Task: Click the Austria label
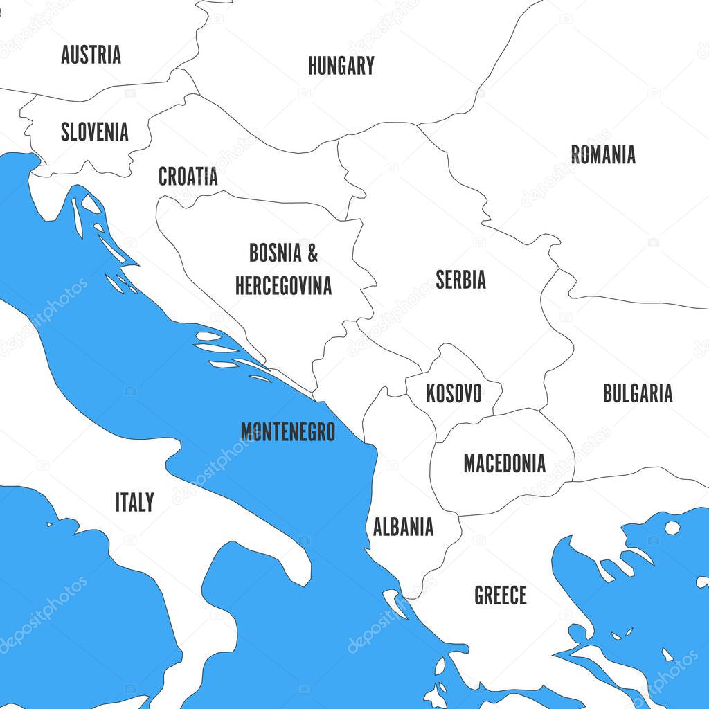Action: (x=91, y=55)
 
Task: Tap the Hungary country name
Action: (x=341, y=66)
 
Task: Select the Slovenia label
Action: (x=94, y=132)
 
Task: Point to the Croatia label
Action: (x=188, y=177)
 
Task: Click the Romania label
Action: (x=603, y=154)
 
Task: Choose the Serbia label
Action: (x=460, y=280)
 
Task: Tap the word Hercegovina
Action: (x=283, y=285)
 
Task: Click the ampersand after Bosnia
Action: (x=312, y=253)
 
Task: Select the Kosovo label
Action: (x=454, y=394)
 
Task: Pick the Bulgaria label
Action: (x=637, y=393)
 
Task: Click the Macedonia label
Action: (x=504, y=463)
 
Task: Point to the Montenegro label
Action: (x=287, y=432)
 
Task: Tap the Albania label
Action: (x=403, y=527)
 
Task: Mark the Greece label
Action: (x=500, y=595)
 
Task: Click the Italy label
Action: (x=134, y=502)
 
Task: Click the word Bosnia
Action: (x=276, y=253)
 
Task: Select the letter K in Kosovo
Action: (x=431, y=394)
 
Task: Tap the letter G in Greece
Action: (x=480, y=595)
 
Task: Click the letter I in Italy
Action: (x=118, y=502)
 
